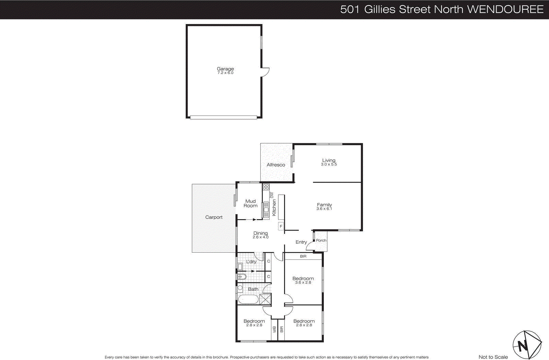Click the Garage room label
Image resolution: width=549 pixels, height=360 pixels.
point(225,69)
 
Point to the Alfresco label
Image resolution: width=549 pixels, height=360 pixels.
point(276,165)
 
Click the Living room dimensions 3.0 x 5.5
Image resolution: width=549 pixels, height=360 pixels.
point(329,165)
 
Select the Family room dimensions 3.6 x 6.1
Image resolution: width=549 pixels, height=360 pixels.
point(324,209)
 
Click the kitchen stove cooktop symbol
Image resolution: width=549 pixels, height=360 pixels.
point(266,187)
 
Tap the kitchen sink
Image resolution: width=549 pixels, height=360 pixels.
point(266,209)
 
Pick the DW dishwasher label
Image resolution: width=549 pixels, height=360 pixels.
point(272,195)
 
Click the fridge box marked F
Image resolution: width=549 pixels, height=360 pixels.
point(281,226)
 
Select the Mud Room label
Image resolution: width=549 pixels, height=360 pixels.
point(250,204)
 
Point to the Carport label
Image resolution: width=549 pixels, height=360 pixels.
point(214,217)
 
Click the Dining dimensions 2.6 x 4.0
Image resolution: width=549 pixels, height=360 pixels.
point(260,237)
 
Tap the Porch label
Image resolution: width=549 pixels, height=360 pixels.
point(321,240)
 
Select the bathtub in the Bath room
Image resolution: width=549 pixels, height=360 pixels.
point(248,299)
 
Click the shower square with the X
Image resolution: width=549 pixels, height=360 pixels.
point(265,299)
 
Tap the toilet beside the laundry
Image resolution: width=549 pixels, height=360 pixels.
point(241,276)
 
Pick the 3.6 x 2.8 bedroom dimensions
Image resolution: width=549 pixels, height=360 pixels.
point(303,283)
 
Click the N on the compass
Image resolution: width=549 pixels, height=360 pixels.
point(523,345)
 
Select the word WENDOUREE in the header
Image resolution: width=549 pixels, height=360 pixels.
point(505,9)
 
